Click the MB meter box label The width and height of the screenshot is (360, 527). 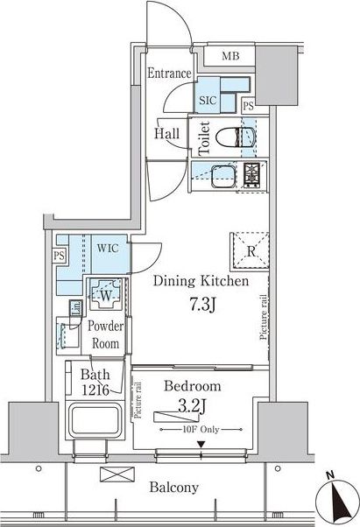pyautogui.click(x=230, y=56)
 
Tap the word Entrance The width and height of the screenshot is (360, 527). pyautogui.click(x=169, y=73)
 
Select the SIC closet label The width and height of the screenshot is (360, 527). pyautogui.click(x=208, y=100)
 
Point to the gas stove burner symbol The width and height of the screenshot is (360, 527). pyautogui.click(x=252, y=175)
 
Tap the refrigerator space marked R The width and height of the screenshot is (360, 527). pyautogui.click(x=250, y=252)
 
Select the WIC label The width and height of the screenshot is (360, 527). pyautogui.click(x=108, y=249)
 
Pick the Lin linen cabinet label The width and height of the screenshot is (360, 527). pyautogui.click(x=76, y=308)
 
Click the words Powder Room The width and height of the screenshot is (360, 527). pyautogui.click(x=105, y=334)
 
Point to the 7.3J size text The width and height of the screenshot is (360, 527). pyautogui.click(x=202, y=305)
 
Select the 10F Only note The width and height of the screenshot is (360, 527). pyautogui.click(x=201, y=430)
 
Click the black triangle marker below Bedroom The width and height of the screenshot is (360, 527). pyautogui.click(x=201, y=445)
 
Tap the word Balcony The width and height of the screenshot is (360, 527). pyautogui.click(x=174, y=487)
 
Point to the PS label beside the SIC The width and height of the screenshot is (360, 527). pyautogui.click(x=249, y=106)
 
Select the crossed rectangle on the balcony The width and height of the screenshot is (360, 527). pyautogui.click(x=117, y=474)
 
